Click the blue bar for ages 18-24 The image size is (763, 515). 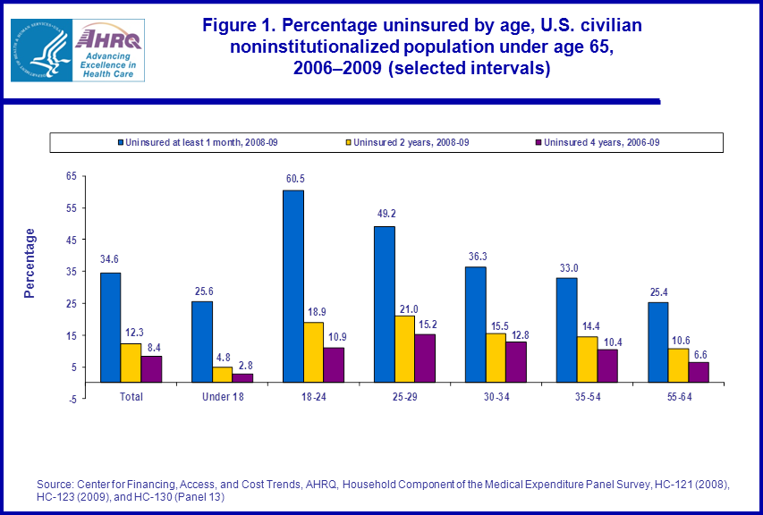pyautogui.click(x=293, y=286)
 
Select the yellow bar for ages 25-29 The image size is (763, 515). pyautogui.click(x=404, y=349)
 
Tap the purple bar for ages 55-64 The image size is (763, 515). pyautogui.click(x=699, y=372)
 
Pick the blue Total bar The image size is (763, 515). pyautogui.click(x=110, y=327)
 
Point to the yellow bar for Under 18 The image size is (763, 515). pyautogui.click(x=223, y=375)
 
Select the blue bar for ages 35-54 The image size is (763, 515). pyautogui.click(x=566, y=330)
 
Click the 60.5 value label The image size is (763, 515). pyautogui.click(x=293, y=180)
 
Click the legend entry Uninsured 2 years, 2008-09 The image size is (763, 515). pyautogui.click(x=411, y=142)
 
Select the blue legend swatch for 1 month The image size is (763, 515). pyautogui.click(x=120, y=142)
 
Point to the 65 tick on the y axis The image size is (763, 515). pyautogui.click(x=72, y=176)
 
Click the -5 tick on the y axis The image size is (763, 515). pyautogui.click(x=72, y=399)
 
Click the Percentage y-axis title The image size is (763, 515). pyautogui.click(x=30, y=263)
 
